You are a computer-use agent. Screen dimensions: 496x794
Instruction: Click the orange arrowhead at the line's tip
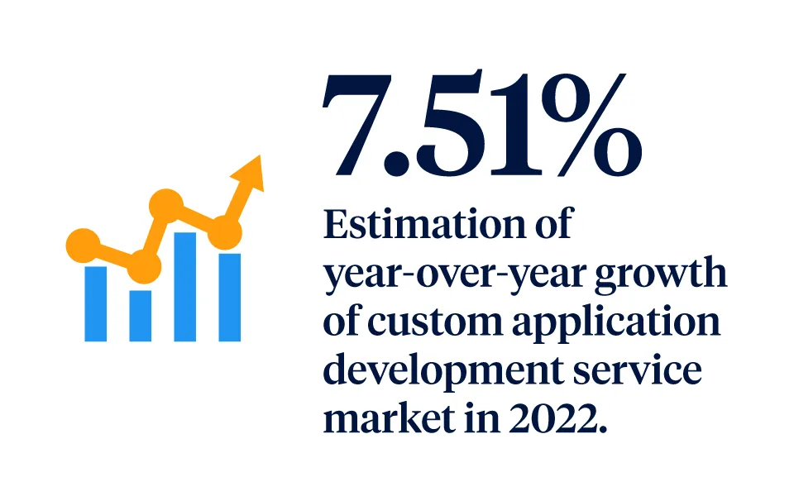pos(249,173)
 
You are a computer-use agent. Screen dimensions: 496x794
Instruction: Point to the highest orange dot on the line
pos(165,205)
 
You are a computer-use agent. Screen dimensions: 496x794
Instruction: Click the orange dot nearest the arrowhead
pos(223,232)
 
